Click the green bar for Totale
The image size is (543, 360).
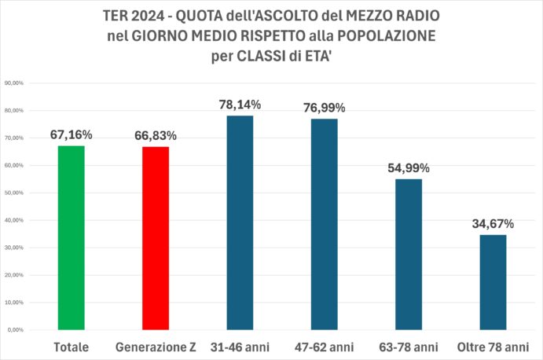tap(71, 237)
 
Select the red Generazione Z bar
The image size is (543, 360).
tap(156, 238)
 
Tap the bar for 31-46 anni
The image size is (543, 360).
tap(240, 222)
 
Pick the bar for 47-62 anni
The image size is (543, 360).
tap(324, 224)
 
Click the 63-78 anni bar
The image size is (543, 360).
tap(409, 255)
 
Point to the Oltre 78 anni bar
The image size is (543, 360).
tap(493, 282)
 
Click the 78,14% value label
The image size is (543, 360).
tap(240, 105)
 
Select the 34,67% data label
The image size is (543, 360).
tap(493, 224)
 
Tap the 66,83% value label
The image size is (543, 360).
tap(156, 136)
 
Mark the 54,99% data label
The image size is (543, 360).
tap(409, 168)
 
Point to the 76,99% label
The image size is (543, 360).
tap(324, 108)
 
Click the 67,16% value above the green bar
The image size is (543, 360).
tap(71, 134)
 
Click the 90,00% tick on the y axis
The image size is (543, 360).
tap(14, 83)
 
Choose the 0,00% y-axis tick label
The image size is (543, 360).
tap(16, 330)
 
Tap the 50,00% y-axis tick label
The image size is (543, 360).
tap(14, 193)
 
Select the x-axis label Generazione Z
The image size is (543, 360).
tap(156, 347)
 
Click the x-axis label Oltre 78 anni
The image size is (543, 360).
tap(493, 347)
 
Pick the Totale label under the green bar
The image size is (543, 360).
tap(71, 347)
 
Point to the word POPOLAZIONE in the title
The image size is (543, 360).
tap(386, 36)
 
